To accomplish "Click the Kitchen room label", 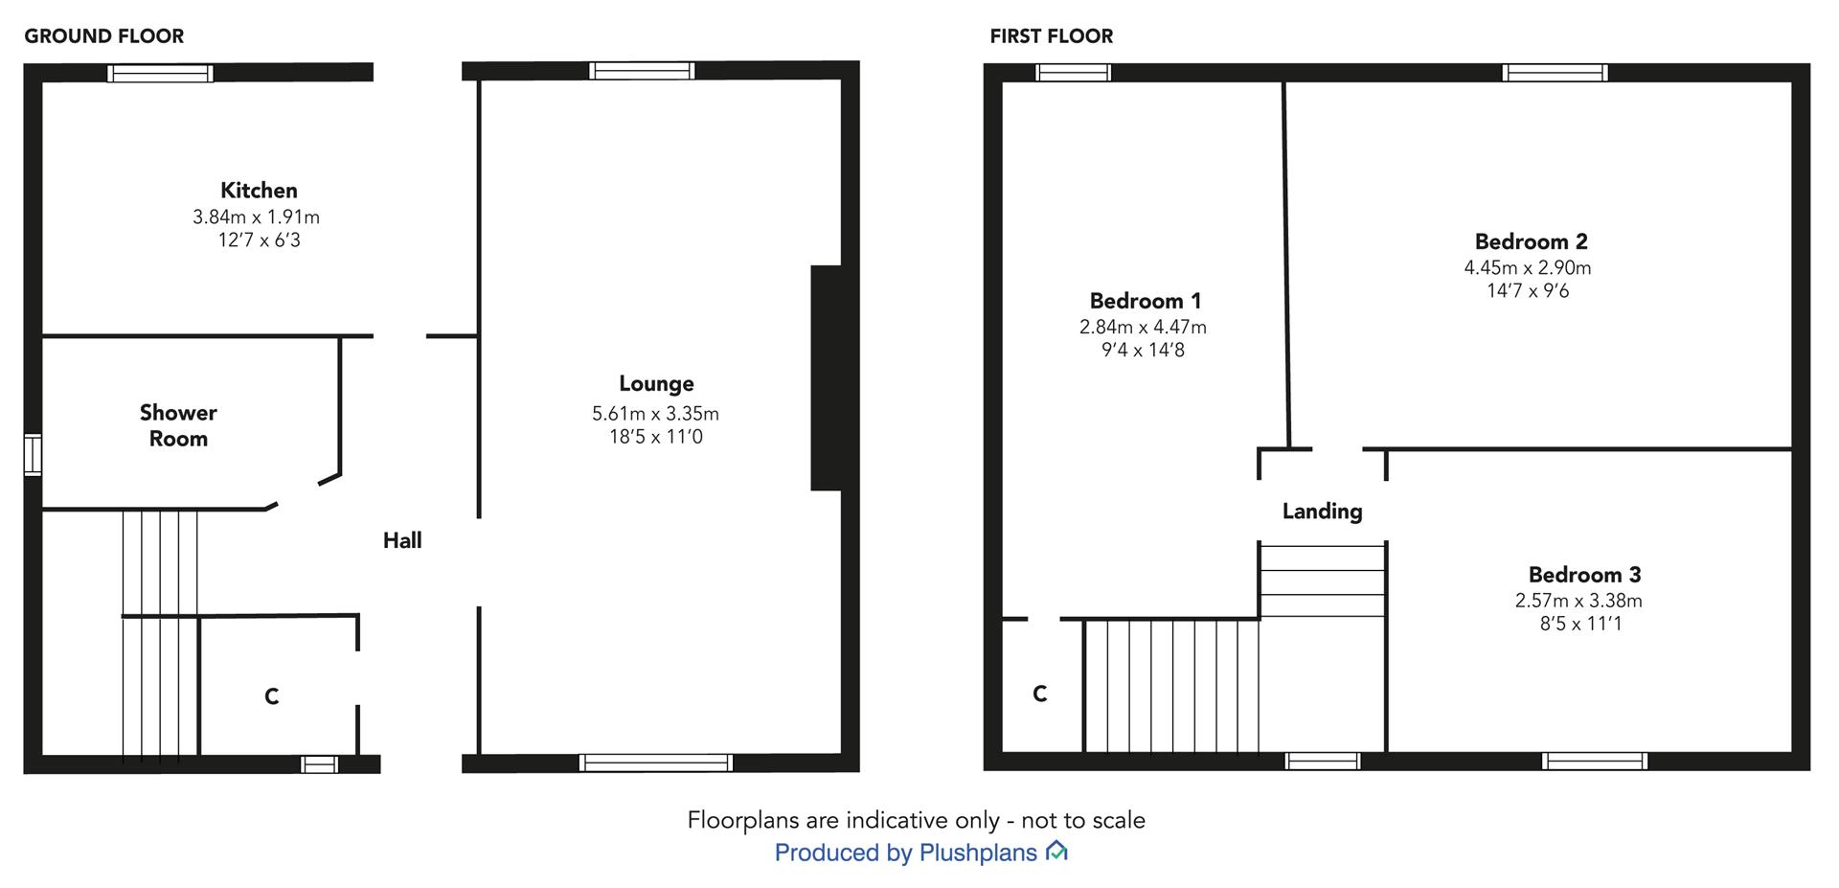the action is [x=259, y=190].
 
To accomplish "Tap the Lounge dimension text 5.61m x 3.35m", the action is [x=655, y=414].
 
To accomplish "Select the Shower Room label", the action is [x=178, y=425].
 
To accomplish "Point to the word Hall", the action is [x=402, y=540].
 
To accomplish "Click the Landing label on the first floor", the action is [x=1322, y=512].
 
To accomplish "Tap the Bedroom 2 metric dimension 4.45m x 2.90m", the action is [x=1528, y=268].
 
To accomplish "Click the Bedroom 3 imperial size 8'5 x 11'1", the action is [x=1576, y=624].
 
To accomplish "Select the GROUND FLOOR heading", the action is [x=104, y=36].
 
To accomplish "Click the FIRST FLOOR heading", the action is [x=1052, y=36].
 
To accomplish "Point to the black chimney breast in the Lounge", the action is [x=826, y=377].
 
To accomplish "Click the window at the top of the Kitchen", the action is [x=160, y=73].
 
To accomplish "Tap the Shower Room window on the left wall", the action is [x=34, y=454].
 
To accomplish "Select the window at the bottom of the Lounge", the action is [x=656, y=763].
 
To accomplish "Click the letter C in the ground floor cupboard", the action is [x=272, y=696].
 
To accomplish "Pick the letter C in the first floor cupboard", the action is [x=1040, y=694].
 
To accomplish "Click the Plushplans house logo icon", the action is [x=1056, y=851].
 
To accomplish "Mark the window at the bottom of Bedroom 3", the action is [x=1595, y=761].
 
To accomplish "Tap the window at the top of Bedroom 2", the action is [x=1555, y=73].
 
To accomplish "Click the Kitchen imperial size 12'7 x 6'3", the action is [x=259, y=240].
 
